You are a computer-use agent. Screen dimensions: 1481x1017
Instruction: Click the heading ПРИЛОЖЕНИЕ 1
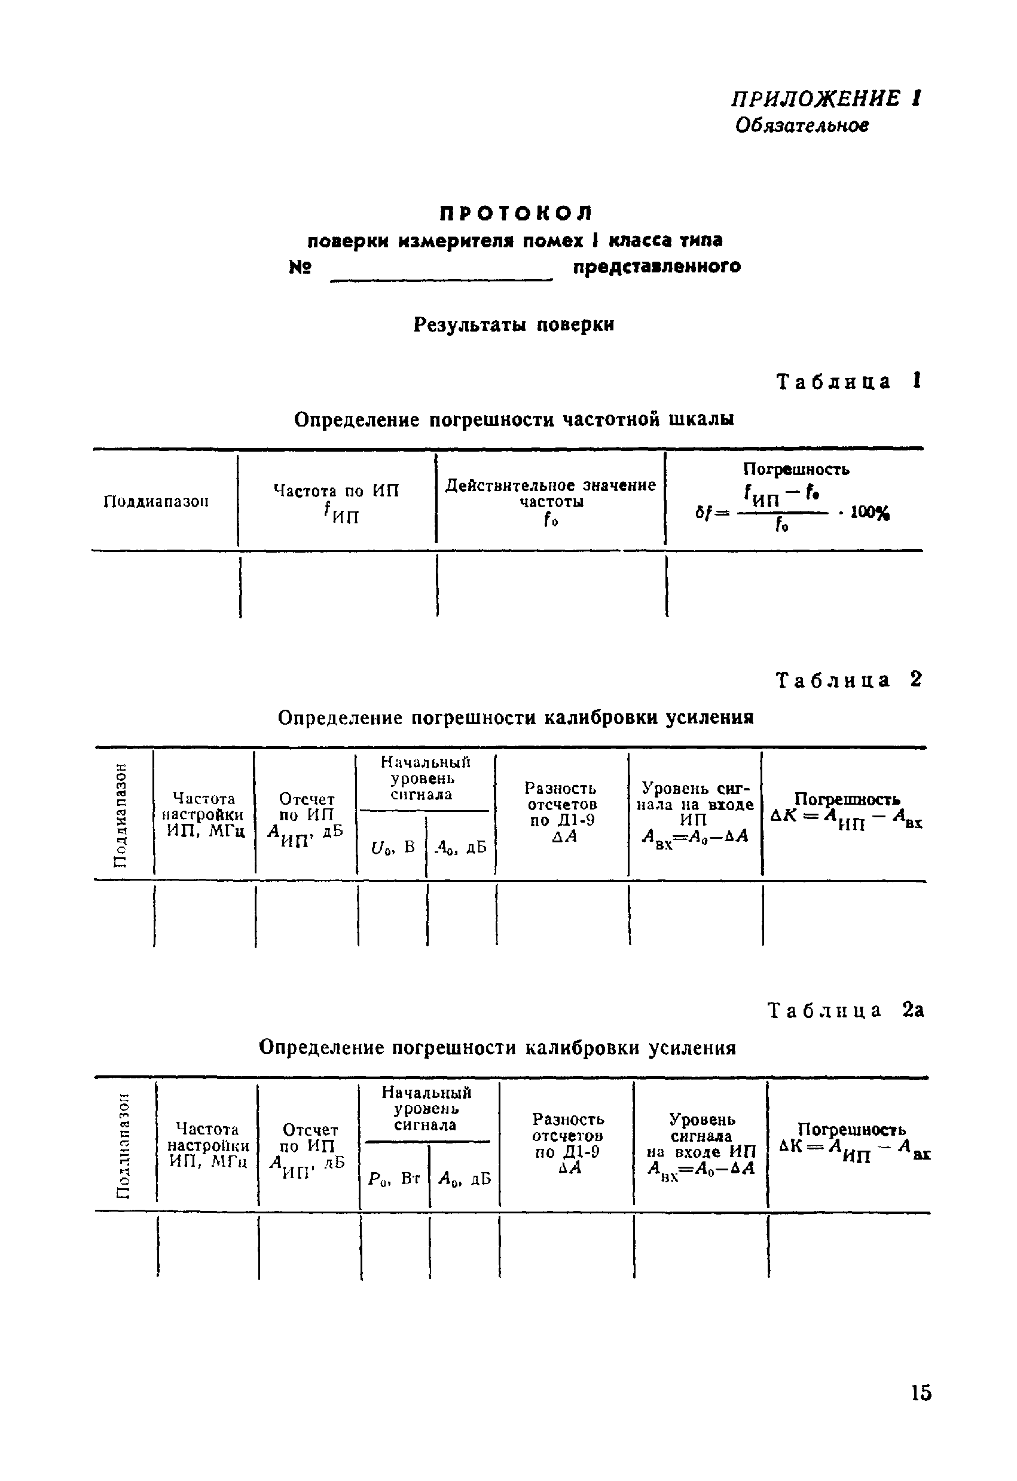[x=825, y=99]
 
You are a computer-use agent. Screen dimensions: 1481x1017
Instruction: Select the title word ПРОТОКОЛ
[x=515, y=212]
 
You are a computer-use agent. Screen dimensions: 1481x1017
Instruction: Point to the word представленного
[x=656, y=266]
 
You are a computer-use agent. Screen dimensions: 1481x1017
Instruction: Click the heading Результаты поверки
[x=514, y=325]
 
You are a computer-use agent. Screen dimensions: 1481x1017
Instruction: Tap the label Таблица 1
[x=848, y=382]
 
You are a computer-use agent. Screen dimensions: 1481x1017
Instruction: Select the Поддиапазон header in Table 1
[x=156, y=501]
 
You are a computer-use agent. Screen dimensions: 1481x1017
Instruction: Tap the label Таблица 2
[x=848, y=680]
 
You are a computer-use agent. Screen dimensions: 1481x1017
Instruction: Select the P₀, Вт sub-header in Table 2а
[x=394, y=1178]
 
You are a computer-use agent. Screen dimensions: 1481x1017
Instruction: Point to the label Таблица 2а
[x=845, y=1011]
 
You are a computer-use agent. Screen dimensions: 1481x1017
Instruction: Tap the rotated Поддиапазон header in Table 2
[x=119, y=814]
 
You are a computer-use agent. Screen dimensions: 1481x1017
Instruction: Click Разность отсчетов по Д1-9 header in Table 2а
[x=567, y=1144]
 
